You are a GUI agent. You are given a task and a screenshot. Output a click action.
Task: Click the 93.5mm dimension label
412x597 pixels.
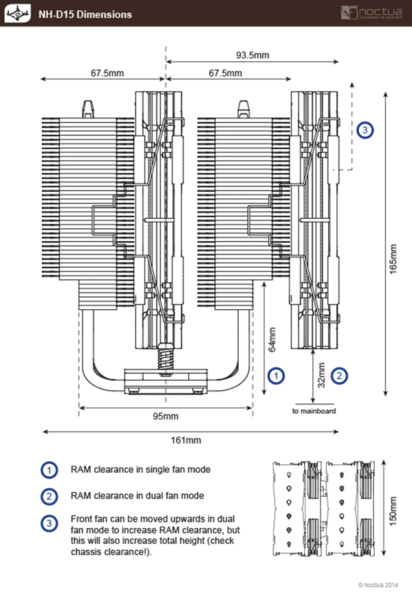tap(253, 55)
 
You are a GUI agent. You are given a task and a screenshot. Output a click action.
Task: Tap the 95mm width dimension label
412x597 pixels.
tap(166, 416)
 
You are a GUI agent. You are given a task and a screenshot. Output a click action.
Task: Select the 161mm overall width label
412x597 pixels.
tap(186, 440)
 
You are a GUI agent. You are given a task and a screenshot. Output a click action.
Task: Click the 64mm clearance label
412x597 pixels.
tap(272, 340)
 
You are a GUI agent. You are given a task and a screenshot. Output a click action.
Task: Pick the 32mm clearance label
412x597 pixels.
tap(322, 375)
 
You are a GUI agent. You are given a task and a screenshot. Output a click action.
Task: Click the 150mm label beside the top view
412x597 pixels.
tap(393, 511)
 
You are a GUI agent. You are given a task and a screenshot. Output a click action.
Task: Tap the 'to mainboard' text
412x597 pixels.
tap(314, 411)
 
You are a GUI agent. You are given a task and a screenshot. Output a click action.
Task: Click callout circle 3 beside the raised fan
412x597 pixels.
tap(365, 130)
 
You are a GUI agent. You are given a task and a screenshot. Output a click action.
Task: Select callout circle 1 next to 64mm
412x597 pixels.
tap(276, 376)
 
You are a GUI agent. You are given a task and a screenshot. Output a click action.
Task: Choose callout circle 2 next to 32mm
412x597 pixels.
tap(339, 376)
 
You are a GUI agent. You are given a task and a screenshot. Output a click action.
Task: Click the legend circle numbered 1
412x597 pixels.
tap(49, 470)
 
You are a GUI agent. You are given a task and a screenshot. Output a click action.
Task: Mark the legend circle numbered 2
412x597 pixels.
tap(49, 496)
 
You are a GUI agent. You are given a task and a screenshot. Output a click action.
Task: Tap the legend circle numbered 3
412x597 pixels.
tap(49, 523)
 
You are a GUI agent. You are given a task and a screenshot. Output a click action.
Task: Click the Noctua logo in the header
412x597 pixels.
tap(372, 13)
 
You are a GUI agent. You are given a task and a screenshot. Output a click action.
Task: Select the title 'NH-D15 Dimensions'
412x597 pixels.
tap(85, 14)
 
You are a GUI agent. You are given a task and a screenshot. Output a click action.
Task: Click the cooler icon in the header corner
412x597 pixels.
tap(17, 13)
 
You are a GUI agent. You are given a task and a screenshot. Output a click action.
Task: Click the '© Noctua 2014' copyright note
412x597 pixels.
tap(378, 585)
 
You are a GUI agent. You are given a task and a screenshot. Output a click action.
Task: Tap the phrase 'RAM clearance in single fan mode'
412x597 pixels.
tap(140, 470)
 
